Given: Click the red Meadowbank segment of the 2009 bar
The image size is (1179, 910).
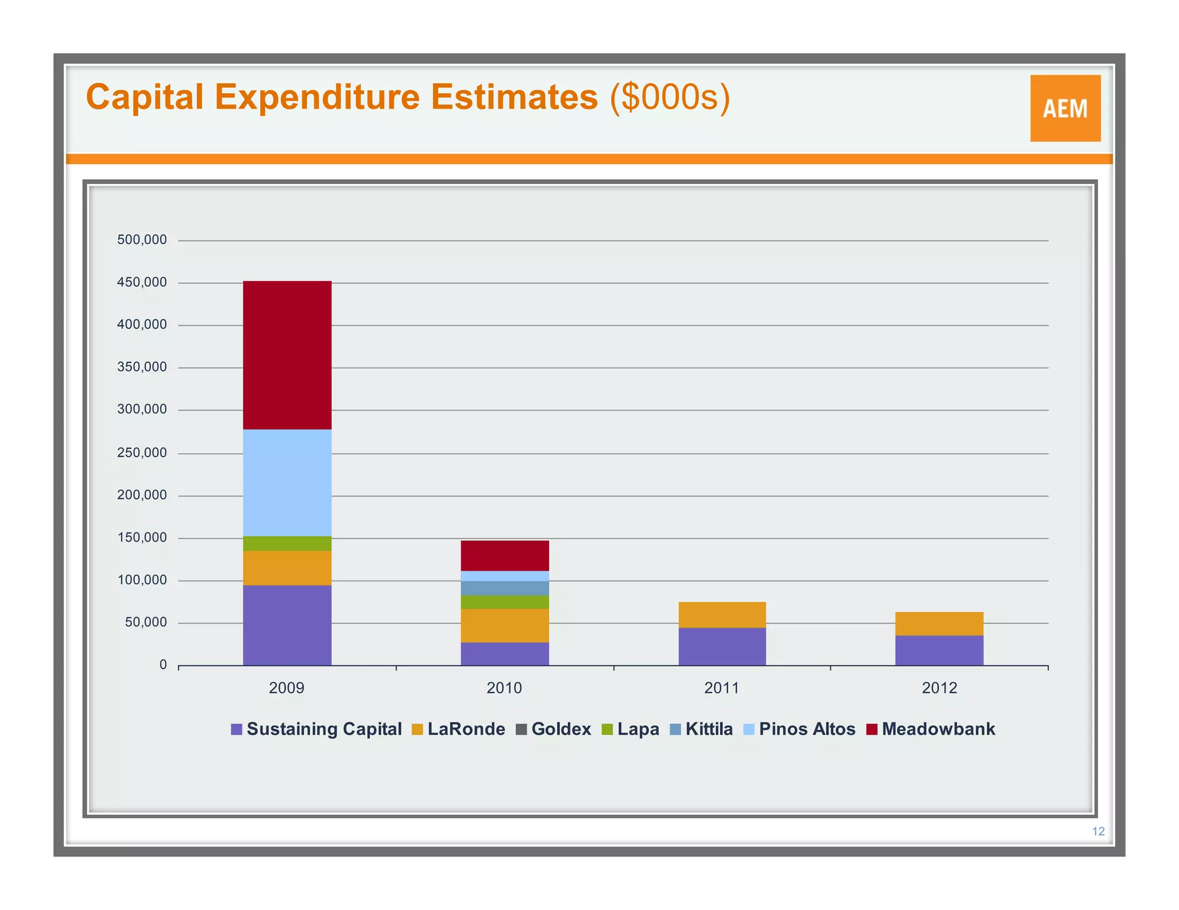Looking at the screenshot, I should coord(287,355).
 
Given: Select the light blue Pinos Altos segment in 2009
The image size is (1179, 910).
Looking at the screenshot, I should coord(287,483).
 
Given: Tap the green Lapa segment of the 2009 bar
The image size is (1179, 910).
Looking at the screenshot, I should coord(287,544).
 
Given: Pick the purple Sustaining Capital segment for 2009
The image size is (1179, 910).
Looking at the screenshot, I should coord(287,625).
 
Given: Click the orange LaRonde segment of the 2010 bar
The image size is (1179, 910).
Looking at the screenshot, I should coord(504,625).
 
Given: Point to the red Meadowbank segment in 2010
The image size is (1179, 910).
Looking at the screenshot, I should coord(504,556).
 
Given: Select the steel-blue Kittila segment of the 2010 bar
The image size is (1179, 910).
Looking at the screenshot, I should coord(504,588).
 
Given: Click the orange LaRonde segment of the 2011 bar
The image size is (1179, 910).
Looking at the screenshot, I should coord(722,615).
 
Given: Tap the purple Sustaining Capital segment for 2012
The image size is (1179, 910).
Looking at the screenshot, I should coord(939,651).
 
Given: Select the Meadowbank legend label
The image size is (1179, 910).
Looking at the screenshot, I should coord(938,729).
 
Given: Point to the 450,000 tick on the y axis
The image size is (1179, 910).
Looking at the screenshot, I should coord(142,282).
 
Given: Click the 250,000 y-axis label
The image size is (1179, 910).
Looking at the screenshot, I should coord(142,453).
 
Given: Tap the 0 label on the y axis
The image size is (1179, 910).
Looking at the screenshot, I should coord(163,665).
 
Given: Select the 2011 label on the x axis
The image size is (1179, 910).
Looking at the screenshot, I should coord(721,688).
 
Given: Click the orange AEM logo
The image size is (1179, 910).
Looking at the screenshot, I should coord(1065,108).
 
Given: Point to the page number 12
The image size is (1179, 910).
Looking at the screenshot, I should coord(1098,831).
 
